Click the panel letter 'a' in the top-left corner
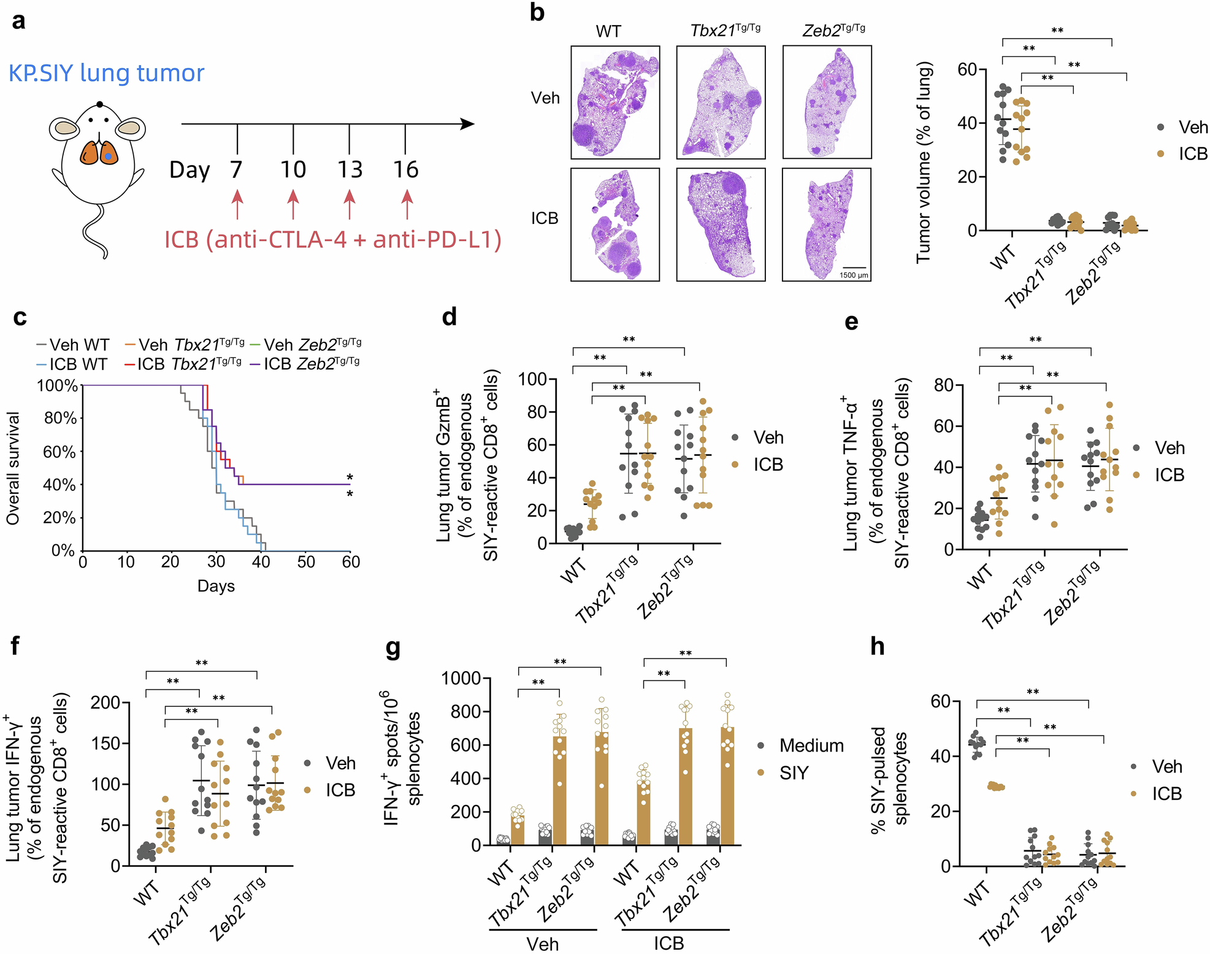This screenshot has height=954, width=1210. (19, 22)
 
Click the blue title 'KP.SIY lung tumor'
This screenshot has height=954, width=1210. (106, 73)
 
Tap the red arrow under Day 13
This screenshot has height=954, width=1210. (350, 204)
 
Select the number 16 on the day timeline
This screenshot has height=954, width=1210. (405, 170)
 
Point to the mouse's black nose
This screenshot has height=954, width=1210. (99, 105)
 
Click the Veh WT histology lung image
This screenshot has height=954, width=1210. (615, 102)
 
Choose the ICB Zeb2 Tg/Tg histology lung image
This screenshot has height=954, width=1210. (826, 225)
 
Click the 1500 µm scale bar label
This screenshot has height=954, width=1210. (854, 275)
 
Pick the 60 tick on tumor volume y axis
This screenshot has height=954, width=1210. (967, 69)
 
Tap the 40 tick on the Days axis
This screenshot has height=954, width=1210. (261, 562)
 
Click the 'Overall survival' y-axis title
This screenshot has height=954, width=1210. (13, 468)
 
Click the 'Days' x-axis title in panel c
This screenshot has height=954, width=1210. (216, 586)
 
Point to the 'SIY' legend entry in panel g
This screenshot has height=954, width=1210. (794, 773)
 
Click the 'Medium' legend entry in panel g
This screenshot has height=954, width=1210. (811, 745)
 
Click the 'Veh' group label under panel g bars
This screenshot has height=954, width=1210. (543, 943)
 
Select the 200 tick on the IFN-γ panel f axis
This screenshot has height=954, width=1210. (106, 702)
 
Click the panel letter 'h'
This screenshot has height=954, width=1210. (878, 646)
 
